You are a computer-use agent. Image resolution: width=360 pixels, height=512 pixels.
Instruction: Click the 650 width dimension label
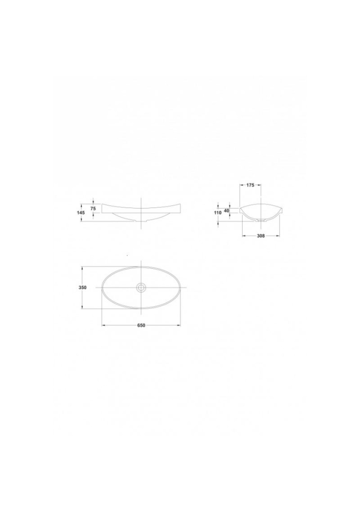click(141, 325)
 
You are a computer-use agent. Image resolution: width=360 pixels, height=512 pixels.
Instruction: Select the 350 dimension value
click(83, 287)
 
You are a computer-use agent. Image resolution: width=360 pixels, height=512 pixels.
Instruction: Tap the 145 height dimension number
click(82, 213)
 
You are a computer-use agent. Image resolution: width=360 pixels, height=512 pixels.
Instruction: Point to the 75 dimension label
click(93, 209)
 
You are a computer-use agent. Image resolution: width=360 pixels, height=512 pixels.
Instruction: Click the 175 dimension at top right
click(250, 185)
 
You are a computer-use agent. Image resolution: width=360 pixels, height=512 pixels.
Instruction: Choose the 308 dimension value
click(261, 236)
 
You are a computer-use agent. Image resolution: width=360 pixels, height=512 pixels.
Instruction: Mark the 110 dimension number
click(218, 213)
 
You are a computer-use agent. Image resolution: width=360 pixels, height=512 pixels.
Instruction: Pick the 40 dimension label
click(227, 211)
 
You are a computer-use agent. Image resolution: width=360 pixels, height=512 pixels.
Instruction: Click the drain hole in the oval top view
click(141, 287)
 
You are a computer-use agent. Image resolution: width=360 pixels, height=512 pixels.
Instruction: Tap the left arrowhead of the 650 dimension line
click(103, 325)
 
